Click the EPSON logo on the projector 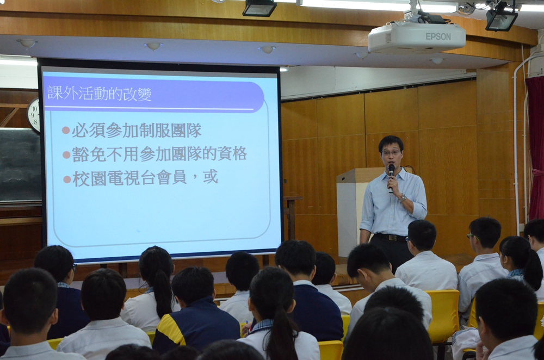(x=438, y=36)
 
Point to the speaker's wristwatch (x=403, y=198)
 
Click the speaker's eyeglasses (x=391, y=153)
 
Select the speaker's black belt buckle (x=392, y=238)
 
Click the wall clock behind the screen (x=33, y=115)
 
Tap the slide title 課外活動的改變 (x=100, y=94)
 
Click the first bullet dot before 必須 (x=66, y=131)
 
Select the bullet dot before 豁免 (x=66, y=154)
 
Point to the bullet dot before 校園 (x=67, y=179)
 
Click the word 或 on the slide (x=211, y=177)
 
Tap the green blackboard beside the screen (x=20, y=165)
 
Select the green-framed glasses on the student (x=472, y=237)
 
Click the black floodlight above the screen (x=259, y=8)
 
